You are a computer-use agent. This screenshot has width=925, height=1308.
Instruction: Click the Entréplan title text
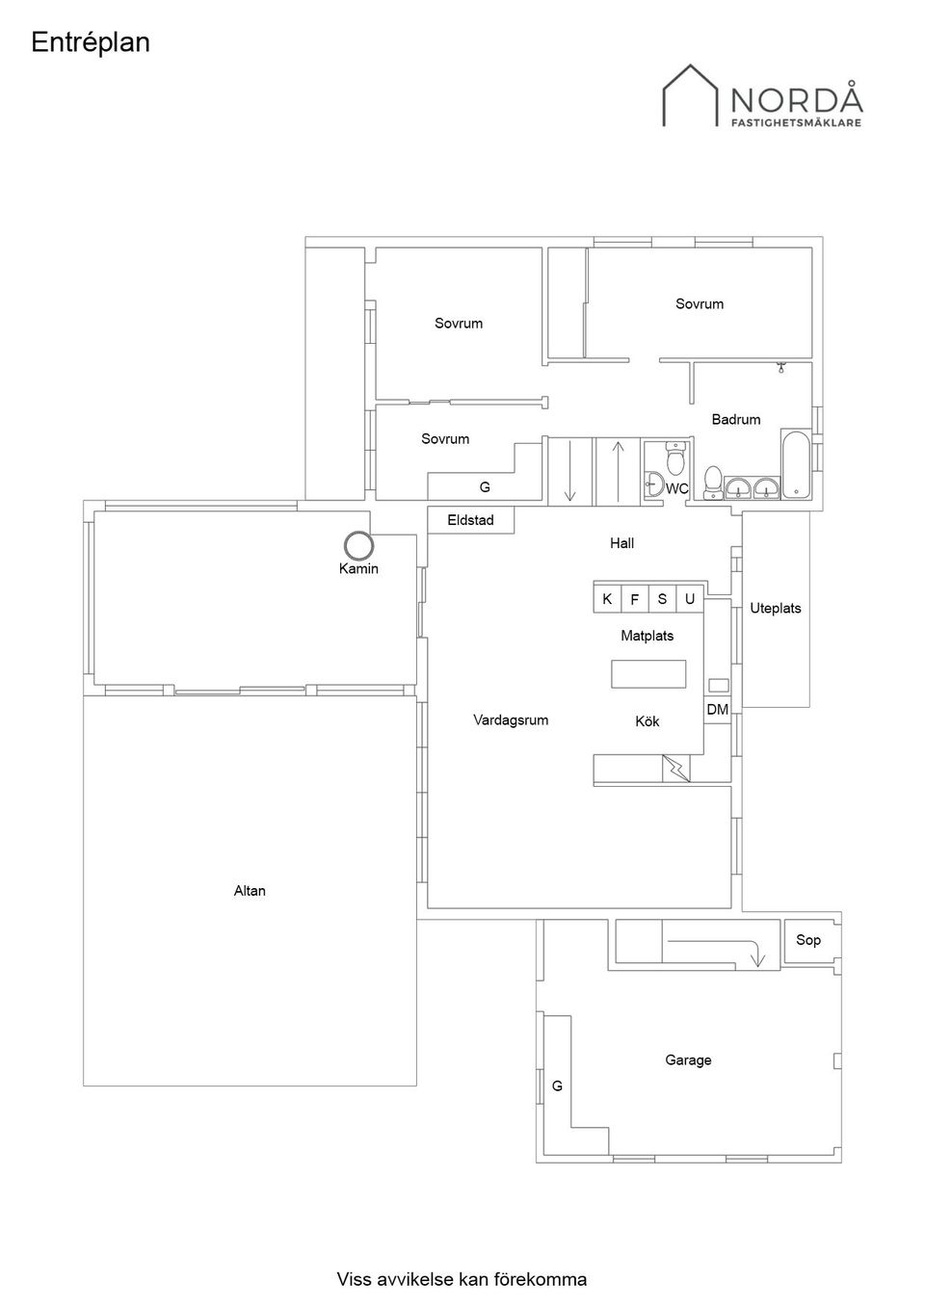(x=91, y=43)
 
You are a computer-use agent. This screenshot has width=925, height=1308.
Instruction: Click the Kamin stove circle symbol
(x=358, y=546)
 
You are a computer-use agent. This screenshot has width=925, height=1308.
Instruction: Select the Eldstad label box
(x=470, y=520)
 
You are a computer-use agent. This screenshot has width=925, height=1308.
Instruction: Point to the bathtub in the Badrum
(x=796, y=464)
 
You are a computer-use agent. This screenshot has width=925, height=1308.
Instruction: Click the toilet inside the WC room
(x=676, y=458)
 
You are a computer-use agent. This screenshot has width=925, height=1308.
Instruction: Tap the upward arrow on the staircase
(x=618, y=472)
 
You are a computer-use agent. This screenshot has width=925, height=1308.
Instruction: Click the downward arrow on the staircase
(x=570, y=472)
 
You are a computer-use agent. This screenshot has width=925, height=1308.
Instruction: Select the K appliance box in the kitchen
(x=607, y=598)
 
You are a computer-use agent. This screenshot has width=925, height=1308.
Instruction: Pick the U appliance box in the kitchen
(x=690, y=598)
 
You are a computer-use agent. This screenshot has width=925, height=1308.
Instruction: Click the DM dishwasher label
(x=718, y=710)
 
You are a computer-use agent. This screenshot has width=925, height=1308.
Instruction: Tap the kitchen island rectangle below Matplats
(x=648, y=674)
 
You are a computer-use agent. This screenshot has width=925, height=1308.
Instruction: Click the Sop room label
(x=808, y=940)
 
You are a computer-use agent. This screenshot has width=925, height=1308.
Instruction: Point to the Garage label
(x=688, y=1059)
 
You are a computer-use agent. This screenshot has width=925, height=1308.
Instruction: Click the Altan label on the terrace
(x=250, y=891)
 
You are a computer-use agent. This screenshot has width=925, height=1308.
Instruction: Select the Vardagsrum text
(x=511, y=720)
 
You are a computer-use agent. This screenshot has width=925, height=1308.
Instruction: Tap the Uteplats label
(x=775, y=609)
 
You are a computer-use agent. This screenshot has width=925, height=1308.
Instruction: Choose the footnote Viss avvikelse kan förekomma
(x=462, y=1279)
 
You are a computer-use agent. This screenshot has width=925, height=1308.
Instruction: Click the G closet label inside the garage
(x=557, y=1086)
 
